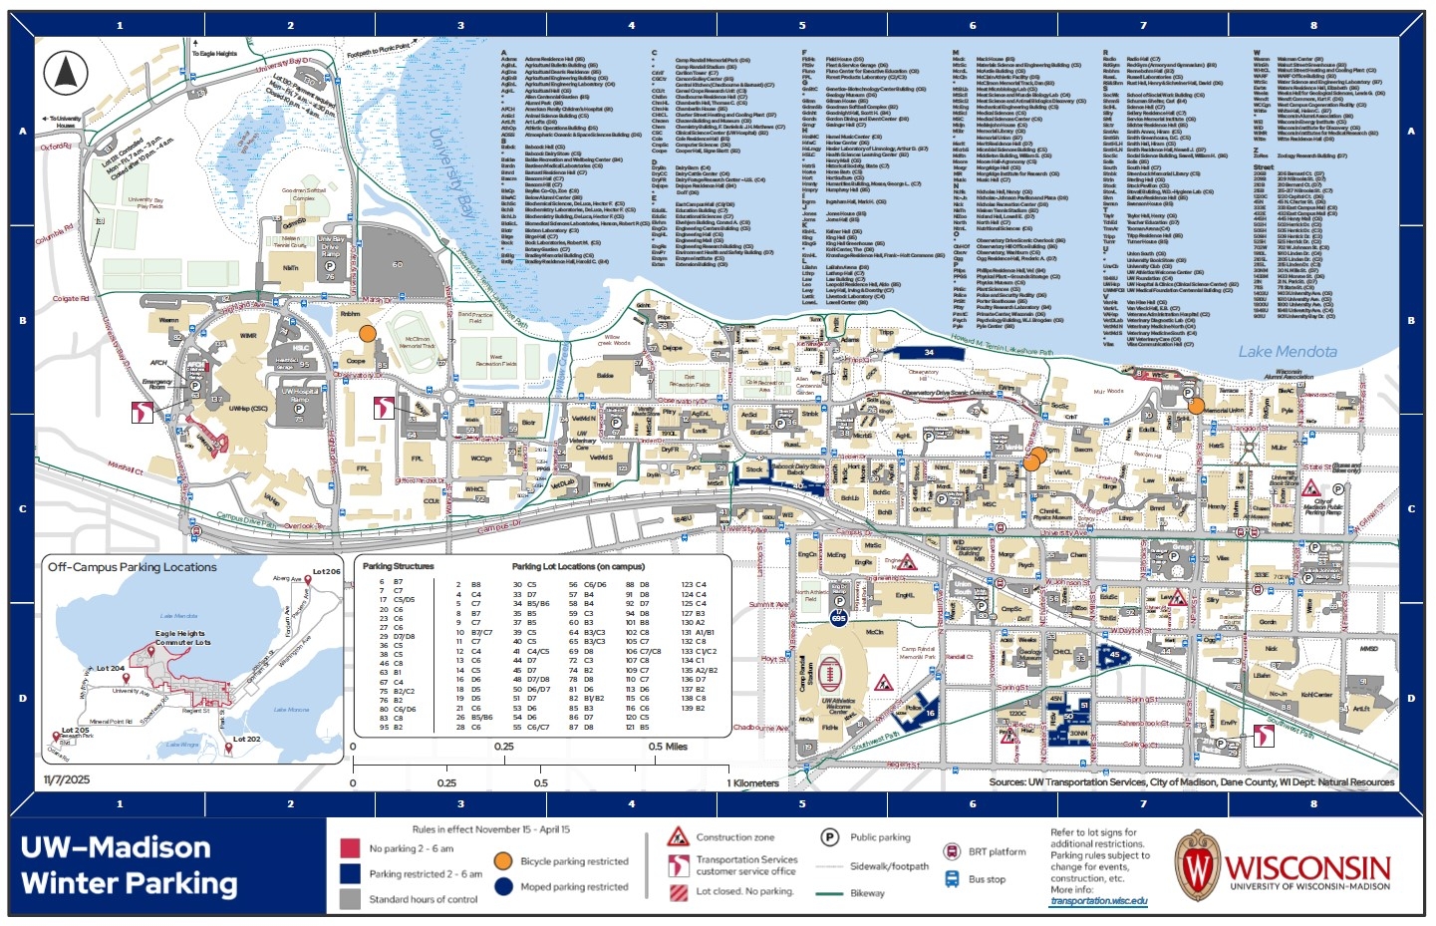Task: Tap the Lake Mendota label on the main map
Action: pyautogui.click(x=1287, y=352)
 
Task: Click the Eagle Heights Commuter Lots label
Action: pyautogui.click(x=181, y=638)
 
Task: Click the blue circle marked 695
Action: pyautogui.click(x=838, y=619)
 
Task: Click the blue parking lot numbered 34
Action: pyautogui.click(x=929, y=353)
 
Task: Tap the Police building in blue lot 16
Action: pyautogui.click(x=915, y=709)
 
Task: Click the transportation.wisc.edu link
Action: pyautogui.click(x=1098, y=901)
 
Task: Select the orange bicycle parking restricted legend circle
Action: pyautogui.click(x=503, y=861)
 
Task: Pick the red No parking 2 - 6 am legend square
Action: pyautogui.click(x=350, y=848)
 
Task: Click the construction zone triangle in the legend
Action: pyautogui.click(x=679, y=836)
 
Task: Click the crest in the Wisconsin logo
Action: pyautogui.click(x=1196, y=866)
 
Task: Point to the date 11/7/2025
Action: pyautogui.click(x=67, y=779)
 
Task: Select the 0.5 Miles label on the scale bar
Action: pyautogui.click(x=668, y=747)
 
